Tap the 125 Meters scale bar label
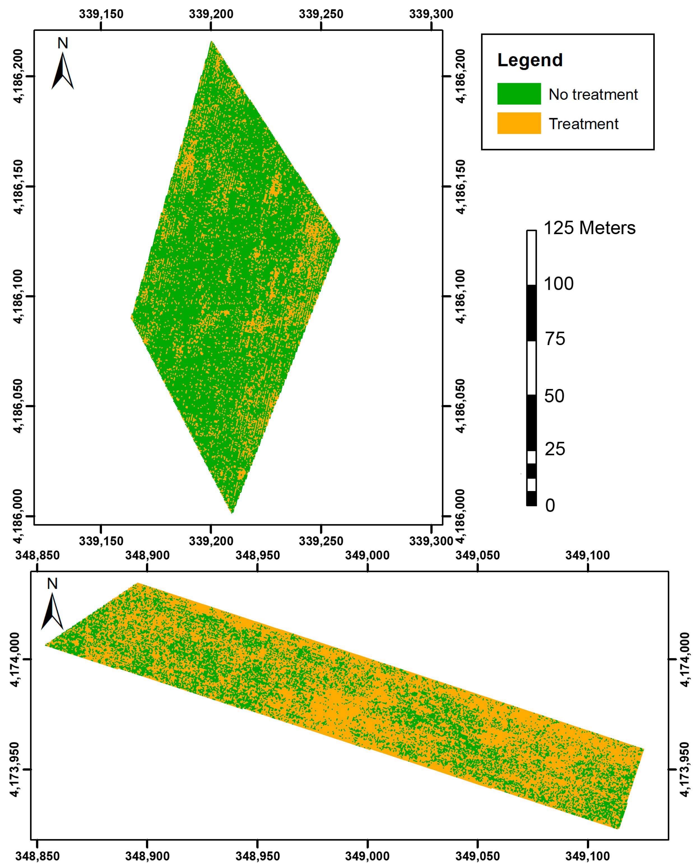pyautogui.click(x=589, y=228)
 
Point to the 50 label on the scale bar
pyautogui.click(x=554, y=396)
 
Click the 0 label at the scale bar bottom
pyautogui.click(x=550, y=506)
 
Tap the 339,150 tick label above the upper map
pyautogui.click(x=101, y=14)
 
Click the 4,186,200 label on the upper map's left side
pyautogui.click(x=18, y=76)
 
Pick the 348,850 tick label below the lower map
pyautogui.click(x=38, y=856)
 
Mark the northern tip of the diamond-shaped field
pyautogui.click(x=211, y=41)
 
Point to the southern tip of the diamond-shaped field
pyautogui.click(x=232, y=513)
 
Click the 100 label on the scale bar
pyautogui.click(x=559, y=284)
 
